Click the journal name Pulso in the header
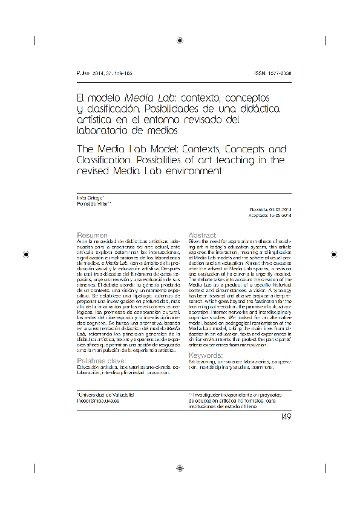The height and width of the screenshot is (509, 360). coord(83,73)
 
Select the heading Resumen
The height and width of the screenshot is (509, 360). coord(93,235)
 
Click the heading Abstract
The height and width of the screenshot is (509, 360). coord(202,235)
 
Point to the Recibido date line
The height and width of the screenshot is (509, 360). coord(270,210)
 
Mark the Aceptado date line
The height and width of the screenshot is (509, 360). coord(270,215)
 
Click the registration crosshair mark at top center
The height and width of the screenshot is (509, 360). coord(180,41)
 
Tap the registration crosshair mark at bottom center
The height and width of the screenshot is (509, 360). coord(180,468)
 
